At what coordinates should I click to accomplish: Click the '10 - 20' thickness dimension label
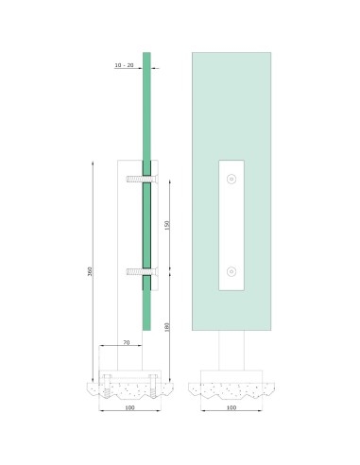tap(123, 65)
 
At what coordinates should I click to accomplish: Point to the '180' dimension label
tap(165, 327)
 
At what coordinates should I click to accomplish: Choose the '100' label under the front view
tap(231, 409)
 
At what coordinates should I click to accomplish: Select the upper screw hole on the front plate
tap(231, 178)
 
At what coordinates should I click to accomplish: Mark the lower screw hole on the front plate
tap(231, 274)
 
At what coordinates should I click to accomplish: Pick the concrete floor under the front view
tap(231, 388)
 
